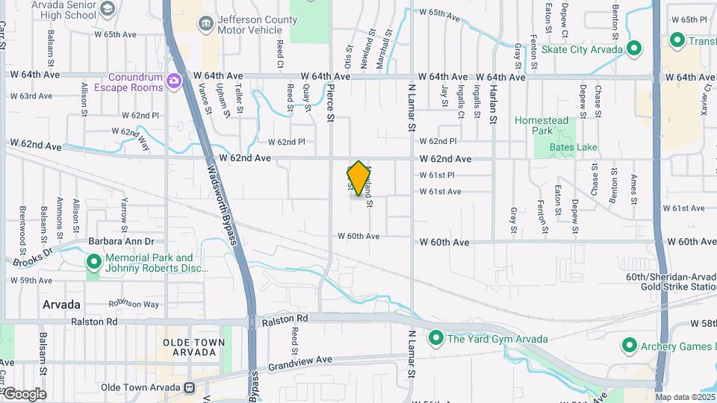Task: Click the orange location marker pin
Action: (358, 178)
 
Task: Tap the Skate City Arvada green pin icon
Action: (634, 49)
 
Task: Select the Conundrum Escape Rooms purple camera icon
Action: (174, 81)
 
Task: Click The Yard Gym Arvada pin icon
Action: (436, 339)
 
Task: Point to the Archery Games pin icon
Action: (629, 346)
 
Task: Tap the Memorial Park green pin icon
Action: (94, 263)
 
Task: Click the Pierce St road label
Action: (330, 101)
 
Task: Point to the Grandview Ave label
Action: (299, 360)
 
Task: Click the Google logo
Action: (24, 394)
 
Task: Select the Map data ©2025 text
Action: (685, 397)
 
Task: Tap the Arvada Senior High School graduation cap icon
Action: (108, 8)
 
